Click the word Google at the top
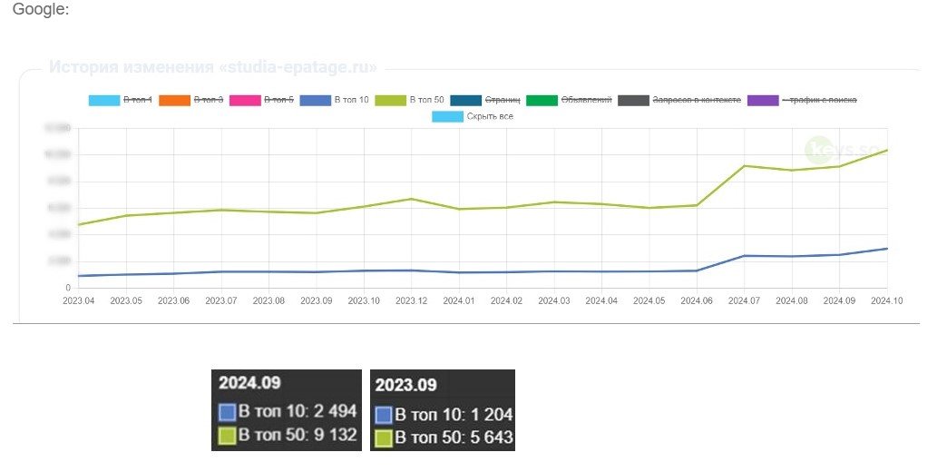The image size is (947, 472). (40, 9)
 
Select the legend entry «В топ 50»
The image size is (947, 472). (426, 99)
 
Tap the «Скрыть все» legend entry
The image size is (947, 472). (489, 116)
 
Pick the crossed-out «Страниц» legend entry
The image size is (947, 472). (503, 99)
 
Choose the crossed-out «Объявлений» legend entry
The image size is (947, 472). (586, 99)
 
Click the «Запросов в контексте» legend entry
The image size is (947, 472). (696, 99)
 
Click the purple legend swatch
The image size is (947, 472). (763, 99)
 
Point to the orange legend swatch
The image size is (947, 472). (174, 99)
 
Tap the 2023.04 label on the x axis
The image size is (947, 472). (80, 300)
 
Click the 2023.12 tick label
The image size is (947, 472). (411, 300)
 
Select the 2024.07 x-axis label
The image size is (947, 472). (744, 300)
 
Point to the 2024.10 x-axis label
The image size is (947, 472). (886, 300)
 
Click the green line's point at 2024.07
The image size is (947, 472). (744, 166)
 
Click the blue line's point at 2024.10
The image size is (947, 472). (886, 248)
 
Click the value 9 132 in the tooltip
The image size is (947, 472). (332, 436)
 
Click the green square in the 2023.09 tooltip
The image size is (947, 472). (384, 438)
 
